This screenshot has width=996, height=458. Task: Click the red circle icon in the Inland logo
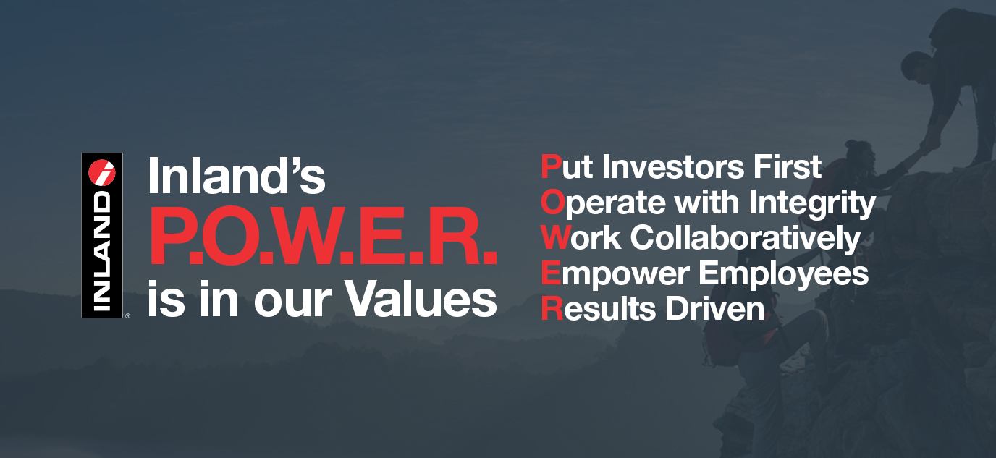[x=101, y=171]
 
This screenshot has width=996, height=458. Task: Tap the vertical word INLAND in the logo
[x=102, y=250]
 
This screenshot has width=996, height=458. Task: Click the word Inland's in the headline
[x=236, y=177]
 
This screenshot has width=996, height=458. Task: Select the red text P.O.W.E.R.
[x=323, y=239]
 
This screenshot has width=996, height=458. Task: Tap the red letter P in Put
[x=550, y=167]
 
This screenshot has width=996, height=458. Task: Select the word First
[x=786, y=167]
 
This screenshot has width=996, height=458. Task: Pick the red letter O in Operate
[x=552, y=203]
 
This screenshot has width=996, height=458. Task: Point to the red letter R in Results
[x=551, y=309]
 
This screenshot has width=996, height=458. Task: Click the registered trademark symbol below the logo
[x=127, y=315]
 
